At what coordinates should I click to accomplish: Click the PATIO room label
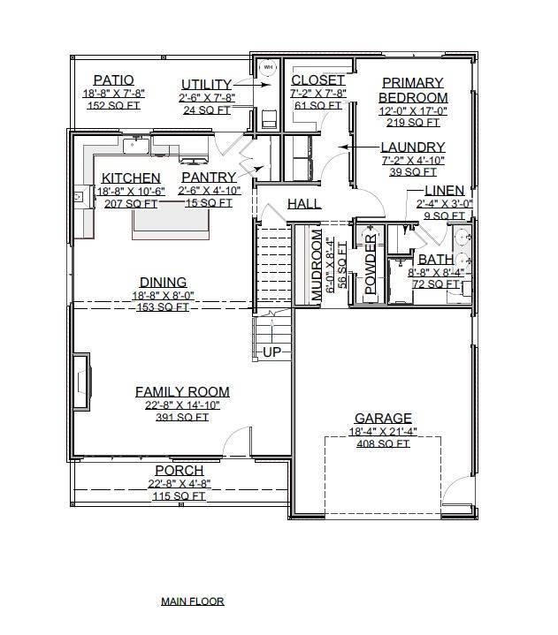click(x=113, y=80)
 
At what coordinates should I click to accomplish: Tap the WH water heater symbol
click(x=268, y=67)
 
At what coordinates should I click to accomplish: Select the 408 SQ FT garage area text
click(x=383, y=444)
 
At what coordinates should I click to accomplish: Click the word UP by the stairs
click(x=272, y=352)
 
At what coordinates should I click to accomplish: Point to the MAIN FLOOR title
click(x=192, y=601)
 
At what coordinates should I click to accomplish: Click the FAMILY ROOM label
click(x=182, y=391)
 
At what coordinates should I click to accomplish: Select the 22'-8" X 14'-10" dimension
click(x=182, y=404)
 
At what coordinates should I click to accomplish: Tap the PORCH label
click(x=180, y=471)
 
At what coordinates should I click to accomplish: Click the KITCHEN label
click(x=131, y=178)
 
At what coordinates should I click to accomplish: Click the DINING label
click(x=163, y=283)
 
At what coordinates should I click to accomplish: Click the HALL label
click(x=303, y=204)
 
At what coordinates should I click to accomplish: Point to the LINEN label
click(x=444, y=191)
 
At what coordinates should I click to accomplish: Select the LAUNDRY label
click(x=413, y=147)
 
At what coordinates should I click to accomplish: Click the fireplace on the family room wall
click(x=81, y=382)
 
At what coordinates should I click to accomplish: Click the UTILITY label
click(x=207, y=84)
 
